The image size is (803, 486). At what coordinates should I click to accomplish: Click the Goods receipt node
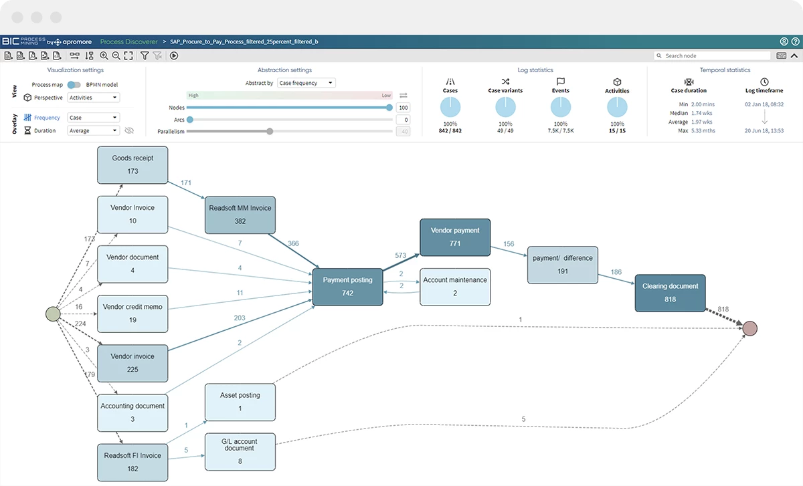[132, 164]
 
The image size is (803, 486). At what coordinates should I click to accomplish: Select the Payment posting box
[347, 287]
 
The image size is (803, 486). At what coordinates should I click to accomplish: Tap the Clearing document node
[670, 293]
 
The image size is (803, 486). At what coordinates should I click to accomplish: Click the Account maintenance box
[455, 287]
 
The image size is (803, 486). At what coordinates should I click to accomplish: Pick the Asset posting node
[240, 402]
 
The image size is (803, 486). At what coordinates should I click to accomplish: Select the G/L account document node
[240, 452]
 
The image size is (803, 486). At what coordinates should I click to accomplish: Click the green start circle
[53, 314]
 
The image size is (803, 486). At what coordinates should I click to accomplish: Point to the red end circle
[749, 328]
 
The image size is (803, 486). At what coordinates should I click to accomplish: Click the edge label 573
[400, 255]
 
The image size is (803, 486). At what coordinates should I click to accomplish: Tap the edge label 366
[293, 243]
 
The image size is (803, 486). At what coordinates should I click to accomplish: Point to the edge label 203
[240, 318]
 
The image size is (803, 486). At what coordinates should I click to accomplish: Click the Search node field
[712, 55]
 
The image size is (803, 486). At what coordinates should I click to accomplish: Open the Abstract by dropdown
[306, 83]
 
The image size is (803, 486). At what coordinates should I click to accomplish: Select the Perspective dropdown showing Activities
[93, 98]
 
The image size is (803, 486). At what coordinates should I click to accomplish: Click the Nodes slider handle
[389, 108]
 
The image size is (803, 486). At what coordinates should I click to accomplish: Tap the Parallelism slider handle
[270, 132]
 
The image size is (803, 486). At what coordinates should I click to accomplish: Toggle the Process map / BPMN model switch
[74, 84]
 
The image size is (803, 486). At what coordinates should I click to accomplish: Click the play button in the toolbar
[174, 55]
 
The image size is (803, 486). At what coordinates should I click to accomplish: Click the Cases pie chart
[450, 107]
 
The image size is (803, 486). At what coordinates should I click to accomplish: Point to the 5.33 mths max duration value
[703, 131]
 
